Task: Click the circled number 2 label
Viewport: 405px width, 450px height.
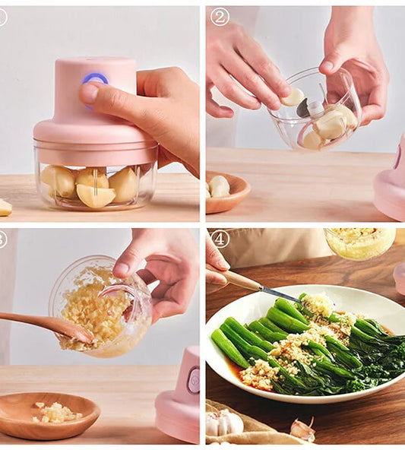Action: point(220,17)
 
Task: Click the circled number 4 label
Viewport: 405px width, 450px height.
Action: point(220,239)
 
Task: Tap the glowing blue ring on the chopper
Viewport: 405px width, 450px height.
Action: point(96,79)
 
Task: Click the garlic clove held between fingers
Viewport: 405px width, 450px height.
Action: point(293,97)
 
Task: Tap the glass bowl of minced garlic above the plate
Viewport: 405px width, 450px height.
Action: point(359,242)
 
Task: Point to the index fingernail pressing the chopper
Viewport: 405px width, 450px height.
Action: point(89,93)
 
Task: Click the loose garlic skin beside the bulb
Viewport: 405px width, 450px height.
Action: point(303,429)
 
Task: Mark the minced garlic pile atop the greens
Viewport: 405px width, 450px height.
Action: point(317,306)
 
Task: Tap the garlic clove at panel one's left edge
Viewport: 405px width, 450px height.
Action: point(5,207)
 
